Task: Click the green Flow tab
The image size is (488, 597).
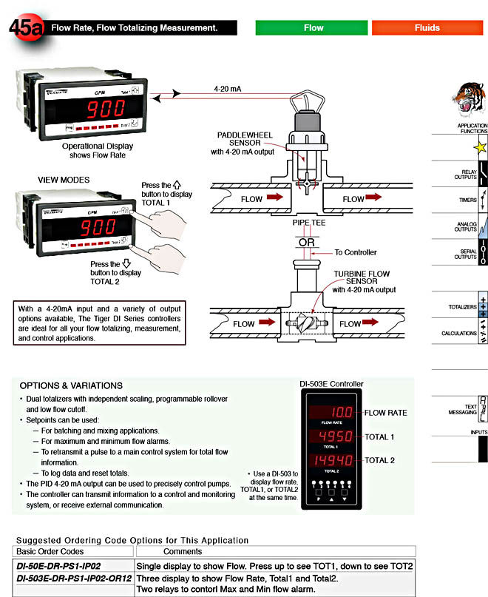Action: (314, 27)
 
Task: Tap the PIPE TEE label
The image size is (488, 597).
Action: (309, 221)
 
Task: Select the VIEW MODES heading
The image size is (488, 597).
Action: (64, 180)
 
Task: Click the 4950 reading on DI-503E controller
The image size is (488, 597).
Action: (331, 437)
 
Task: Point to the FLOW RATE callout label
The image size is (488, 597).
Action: (385, 413)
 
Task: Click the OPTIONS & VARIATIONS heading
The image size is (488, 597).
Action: (71, 385)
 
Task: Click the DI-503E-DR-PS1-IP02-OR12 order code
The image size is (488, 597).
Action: (74, 578)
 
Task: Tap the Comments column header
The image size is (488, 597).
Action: (183, 551)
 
